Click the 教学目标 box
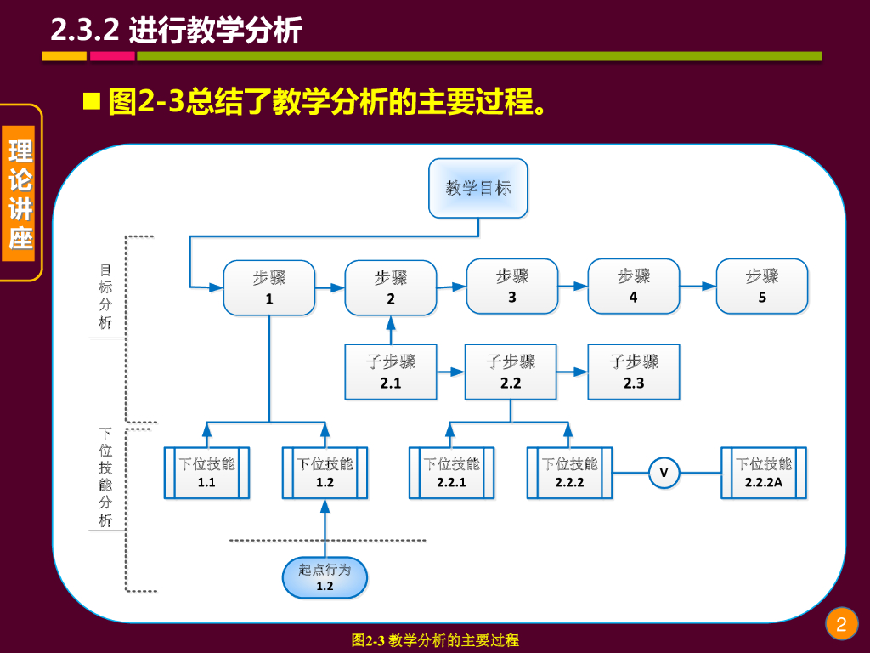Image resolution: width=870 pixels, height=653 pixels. click(478, 188)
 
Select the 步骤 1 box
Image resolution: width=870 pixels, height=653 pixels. click(269, 288)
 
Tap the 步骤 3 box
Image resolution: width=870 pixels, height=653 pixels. click(512, 287)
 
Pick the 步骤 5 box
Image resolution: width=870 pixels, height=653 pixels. click(762, 287)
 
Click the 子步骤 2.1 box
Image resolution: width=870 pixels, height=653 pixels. click(391, 372)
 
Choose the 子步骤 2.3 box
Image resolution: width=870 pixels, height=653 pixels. click(634, 372)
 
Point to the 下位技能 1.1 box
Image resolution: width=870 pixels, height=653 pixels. click(206, 473)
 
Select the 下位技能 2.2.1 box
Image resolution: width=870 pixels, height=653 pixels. click(451, 473)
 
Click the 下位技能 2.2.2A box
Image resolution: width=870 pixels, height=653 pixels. click(763, 473)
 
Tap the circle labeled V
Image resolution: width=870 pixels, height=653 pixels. click(664, 473)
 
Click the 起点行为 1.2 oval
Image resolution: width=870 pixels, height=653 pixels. click(325, 577)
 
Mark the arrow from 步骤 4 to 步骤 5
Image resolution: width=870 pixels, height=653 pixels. click(698, 287)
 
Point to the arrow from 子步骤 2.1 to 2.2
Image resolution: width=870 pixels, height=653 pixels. click(450, 372)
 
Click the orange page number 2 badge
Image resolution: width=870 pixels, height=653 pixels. click(841, 625)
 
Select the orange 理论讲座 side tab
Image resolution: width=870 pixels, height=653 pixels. click(21, 193)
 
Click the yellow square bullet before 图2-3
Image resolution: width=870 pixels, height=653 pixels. click(91, 103)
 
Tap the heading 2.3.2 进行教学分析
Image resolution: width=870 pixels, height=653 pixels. click(177, 31)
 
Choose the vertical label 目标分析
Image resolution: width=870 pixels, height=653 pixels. click(105, 296)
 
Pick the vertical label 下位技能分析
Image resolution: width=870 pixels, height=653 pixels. click(105, 474)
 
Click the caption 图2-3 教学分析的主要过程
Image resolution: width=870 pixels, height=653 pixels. click(435, 640)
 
